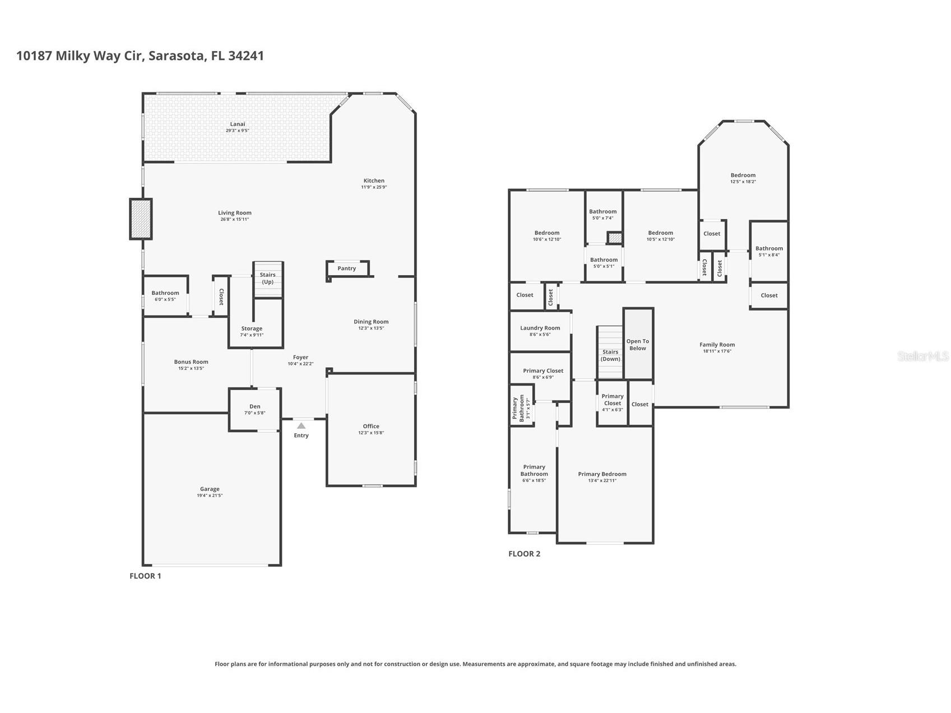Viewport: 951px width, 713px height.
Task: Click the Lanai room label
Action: point(238,124)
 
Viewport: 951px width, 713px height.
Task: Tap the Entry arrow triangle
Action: point(301,426)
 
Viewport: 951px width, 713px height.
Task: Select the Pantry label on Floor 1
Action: point(347,268)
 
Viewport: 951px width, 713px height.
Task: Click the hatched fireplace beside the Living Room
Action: point(141,219)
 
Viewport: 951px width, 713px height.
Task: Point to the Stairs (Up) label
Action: point(268,278)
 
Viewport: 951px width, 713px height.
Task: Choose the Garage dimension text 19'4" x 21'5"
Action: point(210,496)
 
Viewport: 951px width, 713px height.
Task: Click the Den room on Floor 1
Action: point(255,410)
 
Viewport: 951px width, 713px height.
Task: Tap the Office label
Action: point(371,426)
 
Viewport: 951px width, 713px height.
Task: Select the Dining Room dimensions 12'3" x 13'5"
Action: point(371,328)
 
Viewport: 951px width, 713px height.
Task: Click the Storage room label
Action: point(252,328)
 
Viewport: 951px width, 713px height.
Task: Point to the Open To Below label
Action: point(638,345)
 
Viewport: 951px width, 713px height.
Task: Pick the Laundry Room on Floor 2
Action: point(540,331)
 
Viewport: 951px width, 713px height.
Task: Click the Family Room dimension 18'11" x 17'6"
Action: point(717,351)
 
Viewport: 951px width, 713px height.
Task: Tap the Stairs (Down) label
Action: point(610,355)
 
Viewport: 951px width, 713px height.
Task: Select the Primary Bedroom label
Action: point(602,474)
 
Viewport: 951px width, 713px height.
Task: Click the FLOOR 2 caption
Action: point(525,554)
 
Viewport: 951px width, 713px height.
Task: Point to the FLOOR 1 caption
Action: point(145,576)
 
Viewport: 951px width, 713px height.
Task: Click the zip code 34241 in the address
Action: point(246,55)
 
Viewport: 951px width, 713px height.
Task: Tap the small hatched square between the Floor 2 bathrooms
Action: point(615,238)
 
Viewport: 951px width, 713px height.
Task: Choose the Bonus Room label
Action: point(191,362)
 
